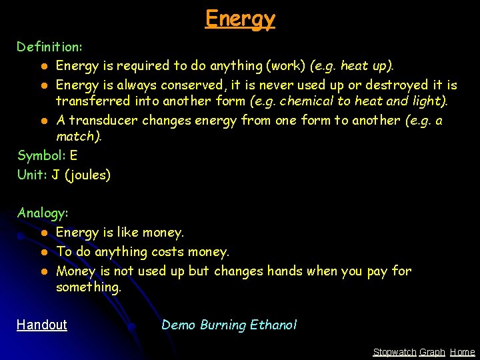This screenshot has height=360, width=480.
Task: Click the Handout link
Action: [x=42, y=325]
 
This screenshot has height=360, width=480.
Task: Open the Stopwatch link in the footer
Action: [x=394, y=352]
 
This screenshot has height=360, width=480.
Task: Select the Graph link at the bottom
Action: [x=432, y=352]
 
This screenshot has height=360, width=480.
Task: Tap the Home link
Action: [x=463, y=352]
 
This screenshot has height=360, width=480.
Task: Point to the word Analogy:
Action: [x=43, y=213]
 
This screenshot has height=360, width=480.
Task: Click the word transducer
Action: [x=101, y=121]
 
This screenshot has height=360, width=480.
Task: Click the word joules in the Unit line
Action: [x=87, y=175]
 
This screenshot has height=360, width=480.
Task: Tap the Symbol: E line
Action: [x=47, y=156]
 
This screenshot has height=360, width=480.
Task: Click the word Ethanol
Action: [x=273, y=325]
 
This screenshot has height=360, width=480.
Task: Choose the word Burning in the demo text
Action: [x=223, y=325]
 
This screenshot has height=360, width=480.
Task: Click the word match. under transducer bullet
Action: [x=79, y=137]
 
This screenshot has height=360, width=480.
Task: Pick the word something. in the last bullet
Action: [x=89, y=287]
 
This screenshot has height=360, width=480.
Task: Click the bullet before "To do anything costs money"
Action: [x=42, y=253]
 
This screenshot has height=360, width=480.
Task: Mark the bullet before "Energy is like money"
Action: [x=42, y=233]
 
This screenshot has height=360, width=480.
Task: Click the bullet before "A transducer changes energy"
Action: [x=42, y=121]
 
